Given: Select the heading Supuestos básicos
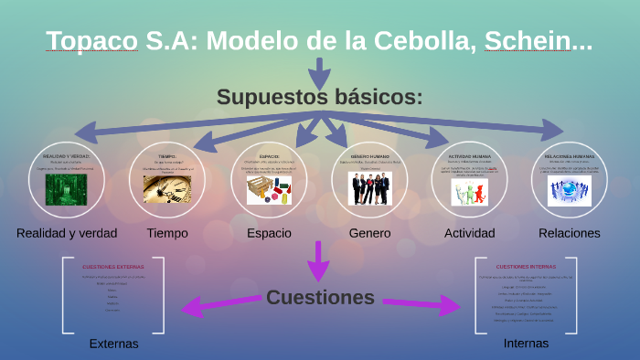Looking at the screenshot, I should point(319,97).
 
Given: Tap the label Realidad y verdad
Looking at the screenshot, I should point(67,233).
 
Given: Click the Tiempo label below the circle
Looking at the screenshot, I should point(167,233).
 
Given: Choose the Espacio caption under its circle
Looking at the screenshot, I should point(270,233).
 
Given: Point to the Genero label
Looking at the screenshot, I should point(369,233).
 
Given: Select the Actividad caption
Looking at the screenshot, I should point(469,233).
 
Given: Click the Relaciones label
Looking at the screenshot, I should point(570,233).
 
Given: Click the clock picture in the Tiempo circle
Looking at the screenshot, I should point(167,189).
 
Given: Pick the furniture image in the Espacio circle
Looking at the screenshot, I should point(270,190).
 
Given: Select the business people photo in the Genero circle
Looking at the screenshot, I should point(370,189).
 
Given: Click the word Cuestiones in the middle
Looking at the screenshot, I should point(320,297).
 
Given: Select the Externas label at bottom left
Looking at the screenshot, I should point(113,344).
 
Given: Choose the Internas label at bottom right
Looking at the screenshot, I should point(527,344).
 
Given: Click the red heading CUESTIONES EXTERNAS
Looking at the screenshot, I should point(113,266).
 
